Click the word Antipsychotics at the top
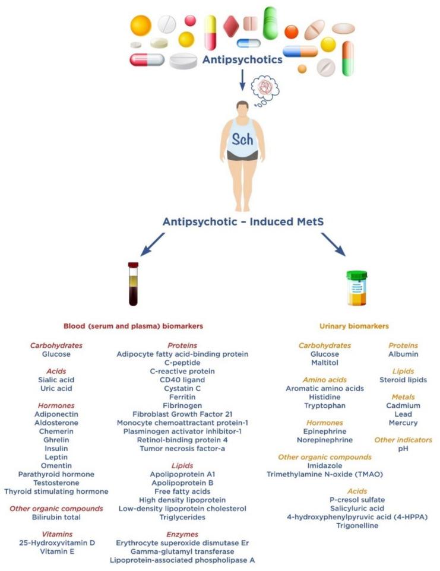242,60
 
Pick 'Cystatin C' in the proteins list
182,388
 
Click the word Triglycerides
182,518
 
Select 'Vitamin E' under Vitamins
56,551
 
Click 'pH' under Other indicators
403,449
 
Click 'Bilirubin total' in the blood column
56,518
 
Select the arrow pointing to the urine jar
333,244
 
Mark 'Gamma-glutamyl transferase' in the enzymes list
182,551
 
